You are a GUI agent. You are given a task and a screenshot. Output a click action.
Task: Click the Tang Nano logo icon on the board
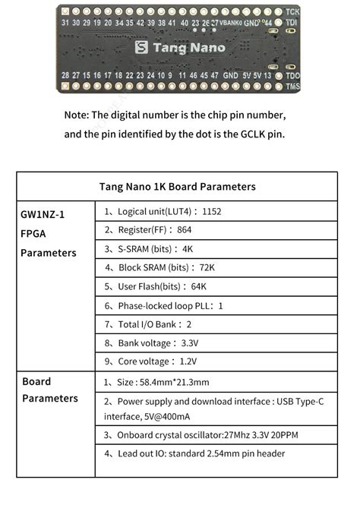point(141,47)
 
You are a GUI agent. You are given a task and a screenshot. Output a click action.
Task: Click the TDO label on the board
point(292,75)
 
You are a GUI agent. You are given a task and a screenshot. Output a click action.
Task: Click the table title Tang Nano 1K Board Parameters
point(177,186)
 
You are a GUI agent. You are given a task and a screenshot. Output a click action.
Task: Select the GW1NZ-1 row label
point(43,215)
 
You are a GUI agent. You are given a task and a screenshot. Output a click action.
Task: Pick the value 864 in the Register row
point(184,229)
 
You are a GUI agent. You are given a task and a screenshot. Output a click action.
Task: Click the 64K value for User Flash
point(198,286)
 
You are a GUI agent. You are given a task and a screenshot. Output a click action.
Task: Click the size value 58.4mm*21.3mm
point(176,382)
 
